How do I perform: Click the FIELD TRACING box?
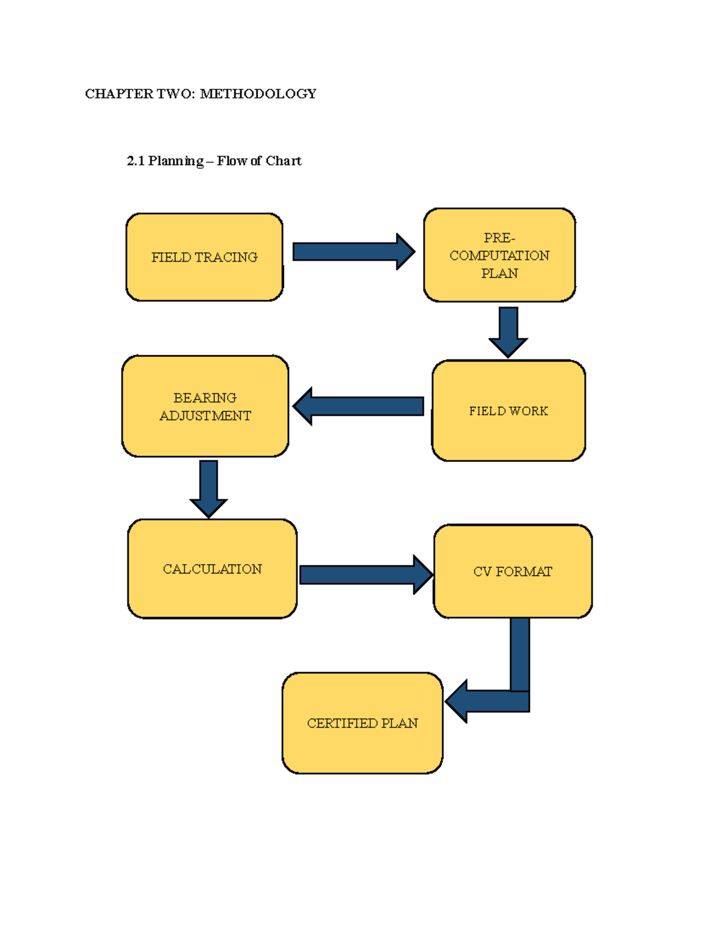pyautogui.click(x=204, y=257)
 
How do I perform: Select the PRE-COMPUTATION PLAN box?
pyautogui.click(x=499, y=255)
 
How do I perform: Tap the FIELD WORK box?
pyautogui.click(x=508, y=411)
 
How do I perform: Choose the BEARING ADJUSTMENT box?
pyautogui.click(x=205, y=406)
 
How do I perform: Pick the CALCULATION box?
pyautogui.click(x=212, y=569)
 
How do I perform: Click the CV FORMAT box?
pyautogui.click(x=513, y=571)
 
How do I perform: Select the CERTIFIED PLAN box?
pyautogui.click(x=362, y=723)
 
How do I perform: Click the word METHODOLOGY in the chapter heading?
pyautogui.click(x=258, y=94)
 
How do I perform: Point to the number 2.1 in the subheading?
pyautogui.click(x=136, y=161)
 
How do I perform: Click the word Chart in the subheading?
pyautogui.click(x=283, y=161)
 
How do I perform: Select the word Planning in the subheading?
pyautogui.click(x=176, y=161)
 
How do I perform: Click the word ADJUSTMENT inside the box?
pyautogui.click(x=205, y=416)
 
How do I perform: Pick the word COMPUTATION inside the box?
pyautogui.click(x=499, y=256)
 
